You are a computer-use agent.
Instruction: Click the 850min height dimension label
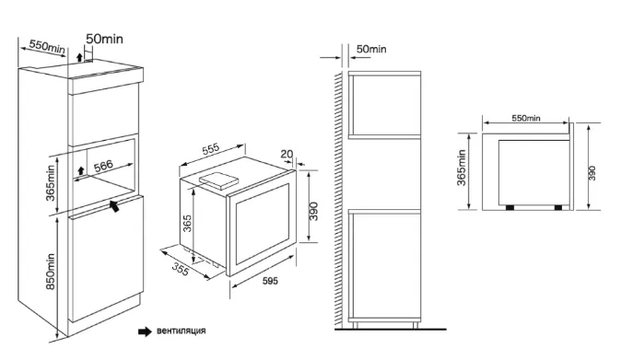[51, 272]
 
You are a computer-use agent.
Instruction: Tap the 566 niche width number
[103, 166]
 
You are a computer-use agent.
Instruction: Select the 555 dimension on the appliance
[211, 149]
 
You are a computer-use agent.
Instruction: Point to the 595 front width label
[270, 281]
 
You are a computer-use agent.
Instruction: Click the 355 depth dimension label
[181, 270]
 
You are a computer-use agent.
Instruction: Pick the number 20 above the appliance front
[287, 154]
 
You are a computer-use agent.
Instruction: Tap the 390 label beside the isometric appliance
[313, 211]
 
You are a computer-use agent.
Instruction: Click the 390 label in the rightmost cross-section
[592, 173]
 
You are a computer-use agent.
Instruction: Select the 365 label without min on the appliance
[187, 223]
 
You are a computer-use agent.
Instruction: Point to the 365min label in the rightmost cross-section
[462, 168]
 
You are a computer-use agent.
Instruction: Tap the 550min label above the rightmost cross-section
[526, 118]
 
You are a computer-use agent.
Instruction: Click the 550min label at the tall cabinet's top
[47, 46]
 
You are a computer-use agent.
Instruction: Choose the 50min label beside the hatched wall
[371, 49]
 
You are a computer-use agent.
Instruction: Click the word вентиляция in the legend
[181, 331]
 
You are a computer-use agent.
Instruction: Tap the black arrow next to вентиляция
[145, 331]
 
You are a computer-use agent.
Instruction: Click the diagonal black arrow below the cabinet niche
[114, 205]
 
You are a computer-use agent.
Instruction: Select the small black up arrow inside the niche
[81, 170]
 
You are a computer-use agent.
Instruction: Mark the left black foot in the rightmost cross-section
[510, 208]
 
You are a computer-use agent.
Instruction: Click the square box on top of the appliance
[218, 180]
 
